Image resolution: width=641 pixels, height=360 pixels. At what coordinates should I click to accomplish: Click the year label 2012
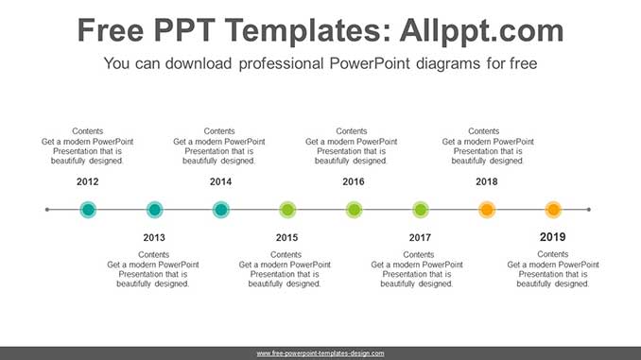click(87, 181)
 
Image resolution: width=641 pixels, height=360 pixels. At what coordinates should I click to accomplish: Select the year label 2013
click(154, 237)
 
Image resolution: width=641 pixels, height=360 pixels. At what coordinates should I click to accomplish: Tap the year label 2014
click(220, 181)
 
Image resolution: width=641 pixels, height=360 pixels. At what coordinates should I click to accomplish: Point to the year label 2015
click(286, 237)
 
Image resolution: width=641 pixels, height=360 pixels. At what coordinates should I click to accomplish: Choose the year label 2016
click(353, 181)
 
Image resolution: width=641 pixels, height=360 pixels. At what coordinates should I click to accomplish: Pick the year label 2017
click(420, 237)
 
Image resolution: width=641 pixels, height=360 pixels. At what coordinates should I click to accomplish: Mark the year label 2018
click(487, 181)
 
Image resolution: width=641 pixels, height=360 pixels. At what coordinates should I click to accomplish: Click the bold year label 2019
click(553, 236)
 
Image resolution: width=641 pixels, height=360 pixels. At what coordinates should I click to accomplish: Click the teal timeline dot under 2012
click(88, 210)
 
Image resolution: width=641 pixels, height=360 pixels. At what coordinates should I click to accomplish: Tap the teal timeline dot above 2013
click(154, 210)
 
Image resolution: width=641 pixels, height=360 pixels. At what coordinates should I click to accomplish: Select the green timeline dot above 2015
click(287, 210)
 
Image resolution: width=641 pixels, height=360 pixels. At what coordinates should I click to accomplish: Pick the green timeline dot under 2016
click(354, 210)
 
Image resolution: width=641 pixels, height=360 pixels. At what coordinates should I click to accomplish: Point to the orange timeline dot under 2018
click(487, 210)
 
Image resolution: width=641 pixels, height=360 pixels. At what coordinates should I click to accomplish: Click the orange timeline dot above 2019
click(553, 210)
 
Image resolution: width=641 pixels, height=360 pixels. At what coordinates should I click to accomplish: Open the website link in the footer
click(320, 352)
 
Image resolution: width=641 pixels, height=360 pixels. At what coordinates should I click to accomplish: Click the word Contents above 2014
click(219, 131)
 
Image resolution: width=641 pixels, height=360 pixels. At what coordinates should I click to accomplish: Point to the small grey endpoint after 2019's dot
click(589, 210)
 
